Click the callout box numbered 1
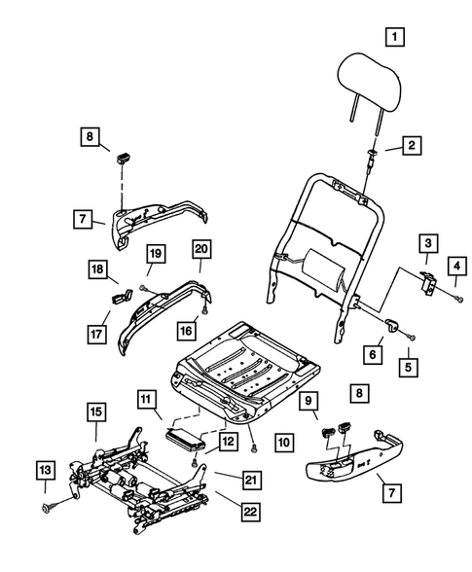coord(394,39)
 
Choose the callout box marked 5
coord(409,368)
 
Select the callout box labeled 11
coord(146,400)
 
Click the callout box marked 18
coord(97,268)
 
